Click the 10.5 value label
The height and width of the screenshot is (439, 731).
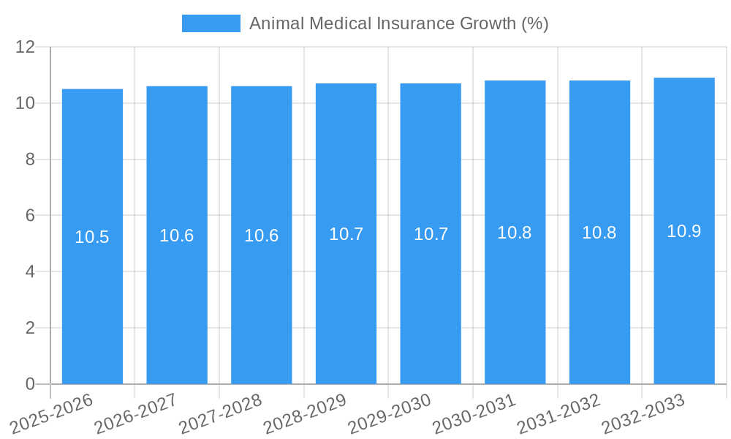pyautogui.click(x=92, y=237)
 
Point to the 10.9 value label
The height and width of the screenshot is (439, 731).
pyautogui.click(x=684, y=231)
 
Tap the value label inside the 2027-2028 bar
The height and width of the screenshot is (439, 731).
pyautogui.click(x=261, y=236)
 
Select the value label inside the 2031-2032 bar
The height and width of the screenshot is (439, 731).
pyautogui.click(x=599, y=233)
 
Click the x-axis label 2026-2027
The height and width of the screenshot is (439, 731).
pyautogui.click(x=137, y=413)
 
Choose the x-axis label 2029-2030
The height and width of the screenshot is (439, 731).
pyautogui.click(x=390, y=413)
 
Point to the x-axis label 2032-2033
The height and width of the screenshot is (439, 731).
pyautogui.click(x=643, y=413)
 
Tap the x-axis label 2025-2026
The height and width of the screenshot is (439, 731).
pyautogui.click(x=53, y=413)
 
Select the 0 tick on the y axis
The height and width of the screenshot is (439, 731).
pyautogui.click(x=30, y=384)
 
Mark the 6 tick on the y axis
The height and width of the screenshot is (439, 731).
pyautogui.click(x=30, y=216)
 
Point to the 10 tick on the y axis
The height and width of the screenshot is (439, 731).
pyautogui.click(x=26, y=103)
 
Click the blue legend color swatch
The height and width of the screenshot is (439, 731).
pyautogui.click(x=211, y=23)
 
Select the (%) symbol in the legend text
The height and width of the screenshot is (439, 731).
pyautogui.click(x=534, y=23)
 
